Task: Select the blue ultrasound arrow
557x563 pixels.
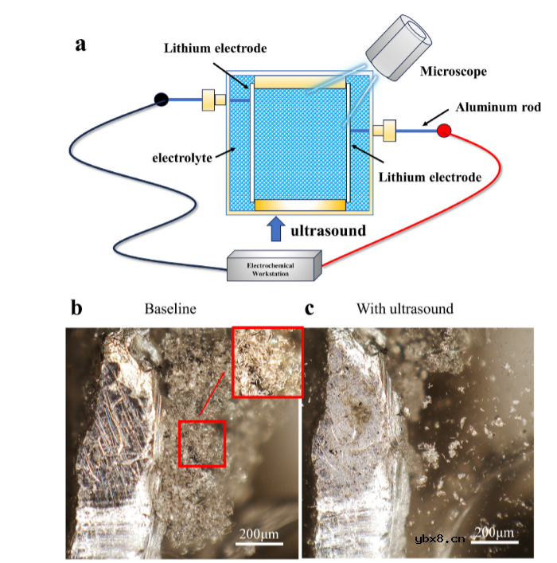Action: pyautogui.click(x=275, y=230)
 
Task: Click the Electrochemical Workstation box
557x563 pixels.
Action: pyautogui.click(x=274, y=265)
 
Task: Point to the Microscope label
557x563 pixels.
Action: pyautogui.click(x=455, y=72)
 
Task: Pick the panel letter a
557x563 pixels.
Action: pyautogui.click(x=80, y=45)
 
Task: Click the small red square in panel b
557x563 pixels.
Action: pyautogui.click(x=201, y=444)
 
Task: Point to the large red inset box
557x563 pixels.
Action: pyautogui.click(x=267, y=362)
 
